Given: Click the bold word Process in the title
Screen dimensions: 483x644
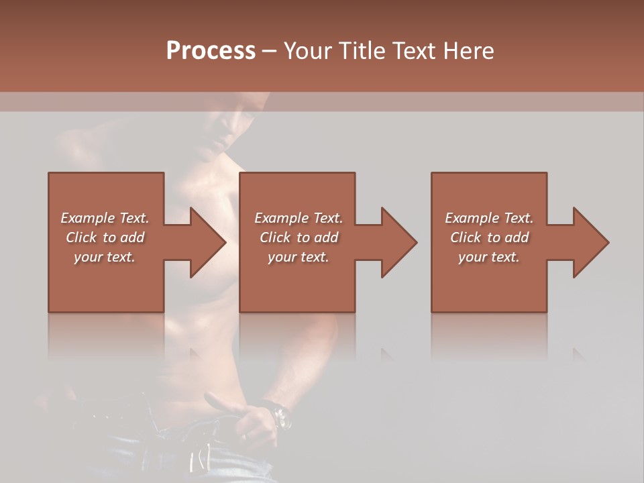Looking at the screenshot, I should pyautogui.click(x=211, y=51).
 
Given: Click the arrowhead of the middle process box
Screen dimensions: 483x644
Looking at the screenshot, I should pyautogui.click(x=398, y=242).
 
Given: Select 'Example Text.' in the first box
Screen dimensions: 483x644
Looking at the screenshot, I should pyautogui.click(x=105, y=218).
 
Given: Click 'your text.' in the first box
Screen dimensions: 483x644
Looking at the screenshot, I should pyautogui.click(x=105, y=257).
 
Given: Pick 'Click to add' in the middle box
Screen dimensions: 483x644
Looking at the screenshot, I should pyautogui.click(x=299, y=237).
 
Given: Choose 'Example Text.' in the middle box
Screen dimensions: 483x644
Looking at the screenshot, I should pyautogui.click(x=299, y=218).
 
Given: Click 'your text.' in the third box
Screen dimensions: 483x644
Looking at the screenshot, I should pyautogui.click(x=489, y=257).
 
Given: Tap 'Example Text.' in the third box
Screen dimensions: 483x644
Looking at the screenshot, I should pyautogui.click(x=489, y=218).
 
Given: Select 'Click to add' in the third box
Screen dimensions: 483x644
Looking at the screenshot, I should pyautogui.click(x=489, y=237).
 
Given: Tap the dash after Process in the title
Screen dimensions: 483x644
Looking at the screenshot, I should pyautogui.click(x=270, y=51).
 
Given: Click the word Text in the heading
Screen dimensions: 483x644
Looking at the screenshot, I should pyautogui.click(x=411, y=51).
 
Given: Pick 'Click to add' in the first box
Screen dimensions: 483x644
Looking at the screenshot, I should pyautogui.click(x=105, y=237).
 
